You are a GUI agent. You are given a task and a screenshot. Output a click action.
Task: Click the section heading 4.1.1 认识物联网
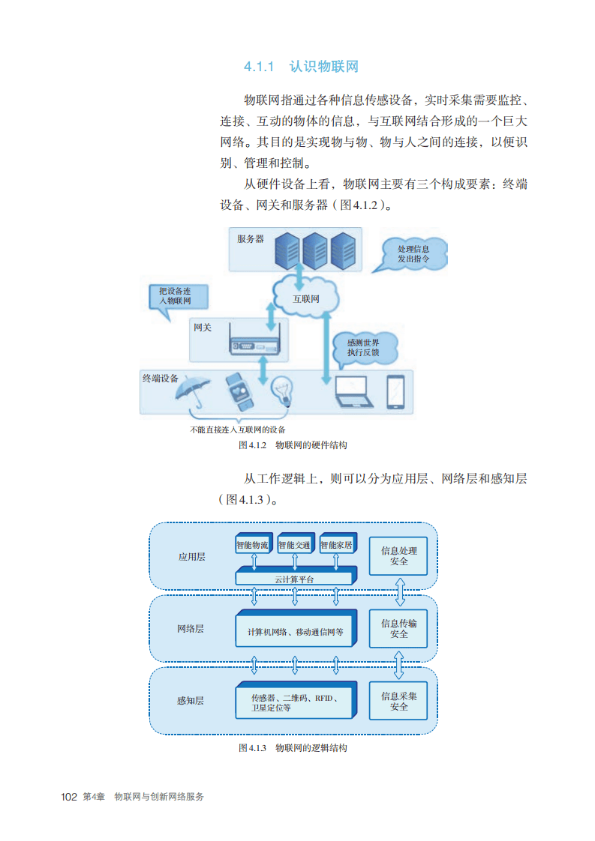tap(301, 67)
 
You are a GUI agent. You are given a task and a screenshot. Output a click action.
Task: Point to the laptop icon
tap(354, 392)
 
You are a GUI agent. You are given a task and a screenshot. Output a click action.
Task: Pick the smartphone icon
tap(395, 391)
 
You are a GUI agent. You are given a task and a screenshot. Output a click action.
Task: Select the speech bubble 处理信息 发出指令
tap(413, 253)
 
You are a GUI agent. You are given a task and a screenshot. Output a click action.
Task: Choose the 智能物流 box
tap(252, 546)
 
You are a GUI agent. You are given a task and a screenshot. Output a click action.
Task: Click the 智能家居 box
tap(337, 546)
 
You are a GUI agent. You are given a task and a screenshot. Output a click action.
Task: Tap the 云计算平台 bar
tap(294, 578)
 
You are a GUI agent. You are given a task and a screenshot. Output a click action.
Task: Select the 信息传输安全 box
tap(398, 629)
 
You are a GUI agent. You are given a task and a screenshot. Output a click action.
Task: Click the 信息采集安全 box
tap(398, 701)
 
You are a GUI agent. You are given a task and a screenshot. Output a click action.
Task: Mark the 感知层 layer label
tap(191, 701)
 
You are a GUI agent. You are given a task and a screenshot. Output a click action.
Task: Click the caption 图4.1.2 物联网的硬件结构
tap(293, 445)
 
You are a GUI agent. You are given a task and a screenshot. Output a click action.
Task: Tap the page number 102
tap(69, 797)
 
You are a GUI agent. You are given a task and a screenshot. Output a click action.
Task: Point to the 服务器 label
tap(251, 239)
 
